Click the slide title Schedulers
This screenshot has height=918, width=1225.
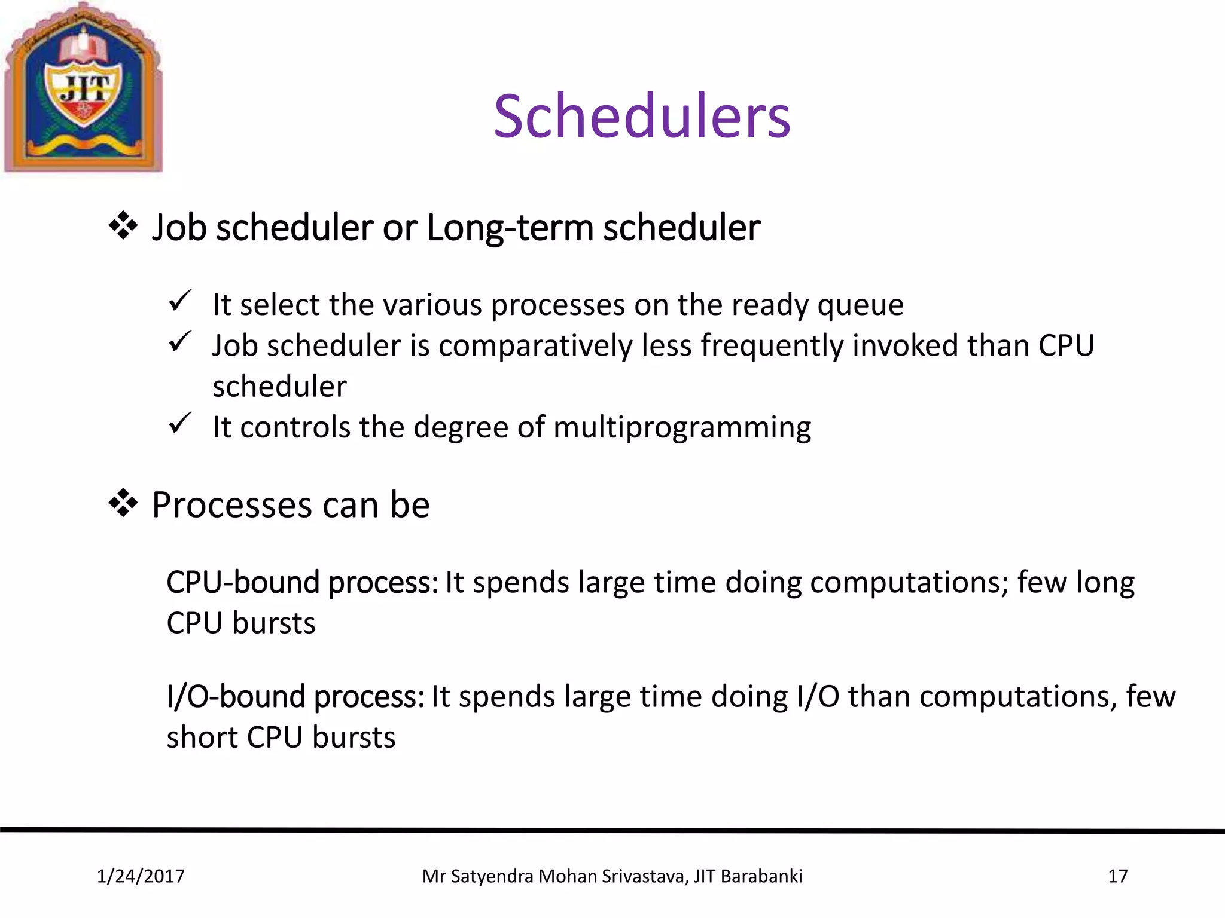click(x=642, y=116)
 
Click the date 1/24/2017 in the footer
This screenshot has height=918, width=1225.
click(x=141, y=876)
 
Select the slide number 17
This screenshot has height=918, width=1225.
click(x=1117, y=876)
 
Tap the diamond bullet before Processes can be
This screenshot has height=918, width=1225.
click(x=123, y=504)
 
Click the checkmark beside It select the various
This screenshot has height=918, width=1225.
click(x=179, y=301)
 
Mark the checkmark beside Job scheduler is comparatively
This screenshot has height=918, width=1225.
click(x=179, y=342)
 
